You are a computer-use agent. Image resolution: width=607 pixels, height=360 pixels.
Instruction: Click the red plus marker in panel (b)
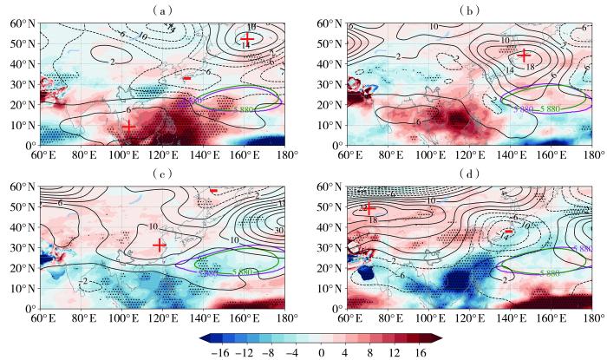(x=523, y=56)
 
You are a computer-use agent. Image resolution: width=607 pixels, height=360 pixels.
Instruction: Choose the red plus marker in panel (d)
(x=369, y=209)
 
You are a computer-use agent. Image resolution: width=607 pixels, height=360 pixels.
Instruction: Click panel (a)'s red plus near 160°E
(x=247, y=40)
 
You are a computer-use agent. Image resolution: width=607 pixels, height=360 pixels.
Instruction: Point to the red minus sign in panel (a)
(x=186, y=78)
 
